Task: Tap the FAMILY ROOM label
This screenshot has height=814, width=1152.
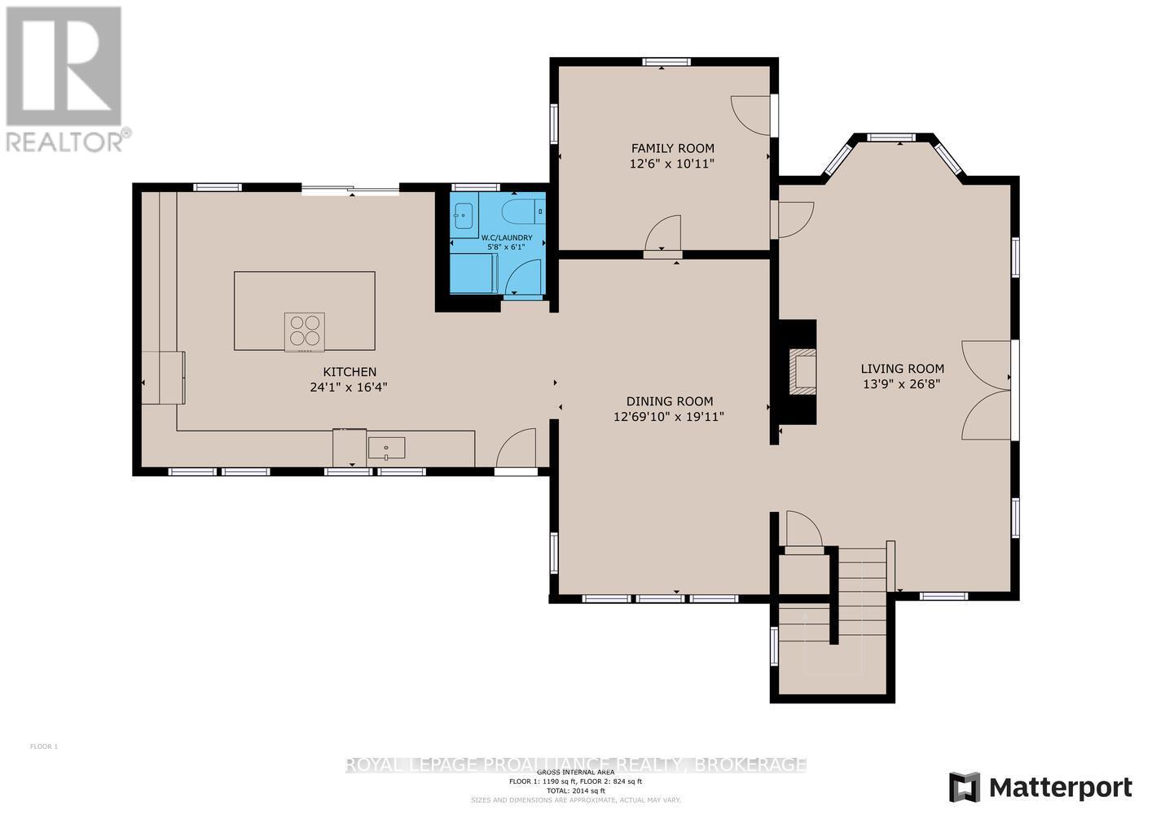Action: [x=672, y=148]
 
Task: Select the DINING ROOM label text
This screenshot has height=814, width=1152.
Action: [x=669, y=400]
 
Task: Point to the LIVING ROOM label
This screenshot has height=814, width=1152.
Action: [x=903, y=368]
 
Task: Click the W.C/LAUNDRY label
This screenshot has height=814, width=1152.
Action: [x=498, y=238]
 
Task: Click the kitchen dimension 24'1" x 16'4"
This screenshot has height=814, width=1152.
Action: [x=348, y=387]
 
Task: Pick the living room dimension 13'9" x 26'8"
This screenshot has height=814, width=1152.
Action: [x=902, y=384]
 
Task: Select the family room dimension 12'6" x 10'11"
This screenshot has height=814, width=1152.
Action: [x=672, y=164]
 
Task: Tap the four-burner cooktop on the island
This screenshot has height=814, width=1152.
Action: [x=305, y=331]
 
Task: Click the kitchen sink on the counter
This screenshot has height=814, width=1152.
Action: [x=386, y=447]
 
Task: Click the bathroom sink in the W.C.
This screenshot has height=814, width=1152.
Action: [x=464, y=215]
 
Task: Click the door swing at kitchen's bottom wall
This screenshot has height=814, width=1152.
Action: [x=515, y=450]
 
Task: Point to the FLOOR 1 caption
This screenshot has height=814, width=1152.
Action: [x=44, y=746]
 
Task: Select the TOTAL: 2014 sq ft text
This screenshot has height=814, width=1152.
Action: [x=575, y=790]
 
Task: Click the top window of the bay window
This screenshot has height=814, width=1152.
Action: [x=893, y=138]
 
